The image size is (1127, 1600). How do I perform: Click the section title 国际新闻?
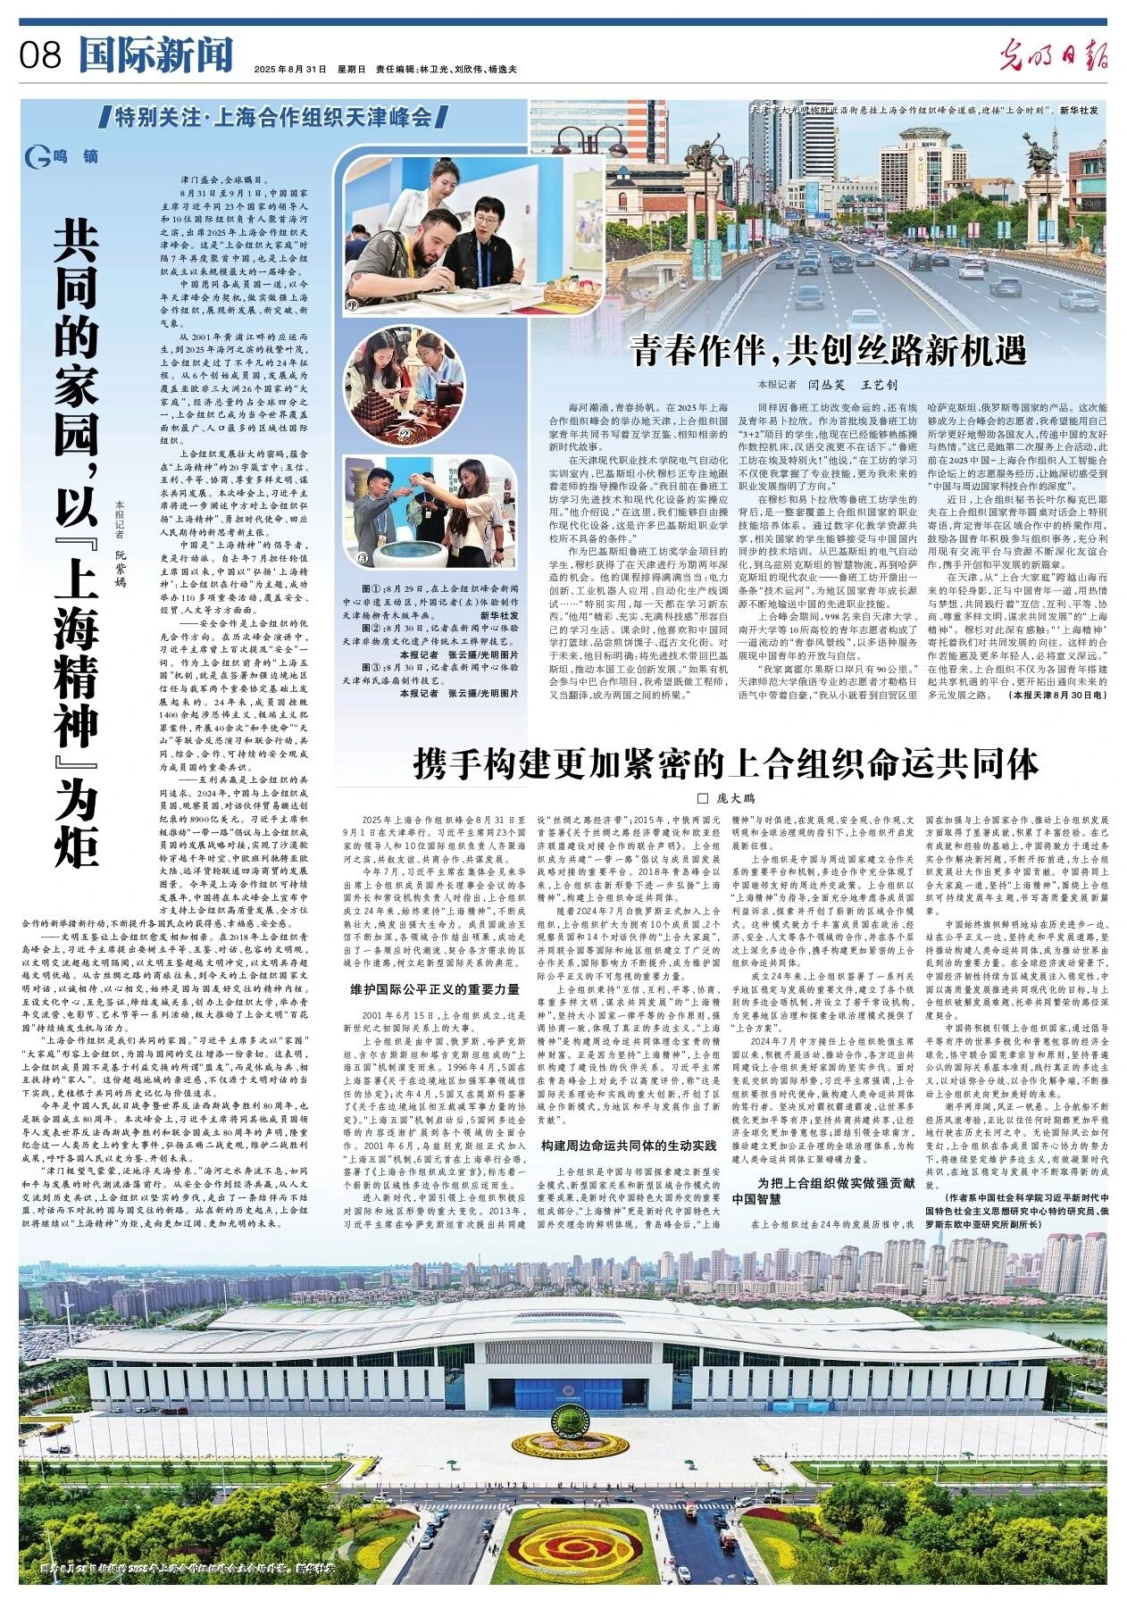click(x=154, y=55)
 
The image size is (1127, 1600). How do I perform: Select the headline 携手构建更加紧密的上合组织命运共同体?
click(x=725, y=764)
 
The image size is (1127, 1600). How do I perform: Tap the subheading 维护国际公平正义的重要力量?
click(x=435, y=989)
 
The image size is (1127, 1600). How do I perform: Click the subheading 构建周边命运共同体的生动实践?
click(x=629, y=1145)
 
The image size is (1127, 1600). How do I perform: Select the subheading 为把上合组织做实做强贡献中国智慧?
click(x=822, y=1190)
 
